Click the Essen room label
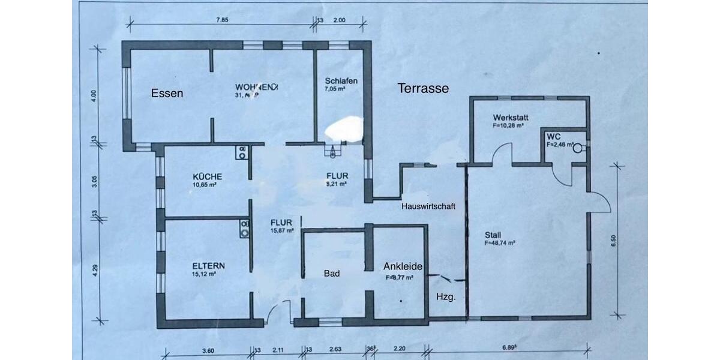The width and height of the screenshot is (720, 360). coord(167,93)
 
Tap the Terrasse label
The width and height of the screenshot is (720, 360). coord(423,88)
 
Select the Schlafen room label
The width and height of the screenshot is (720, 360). coord(341,80)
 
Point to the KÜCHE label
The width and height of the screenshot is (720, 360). coord(208,176)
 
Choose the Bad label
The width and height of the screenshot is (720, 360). coord(332,274)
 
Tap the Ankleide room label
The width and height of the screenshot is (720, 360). coord(403,266)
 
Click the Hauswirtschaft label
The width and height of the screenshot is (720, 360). coord(428,206)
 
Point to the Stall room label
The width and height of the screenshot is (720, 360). coord(493,235)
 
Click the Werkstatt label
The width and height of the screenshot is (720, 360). coord(511,117)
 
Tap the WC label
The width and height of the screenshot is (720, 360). coord(553,136)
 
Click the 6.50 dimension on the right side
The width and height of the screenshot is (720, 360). coord(613,241)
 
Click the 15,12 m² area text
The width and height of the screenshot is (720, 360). coord(205,274)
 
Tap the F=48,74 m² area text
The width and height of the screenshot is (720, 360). coord(501,244)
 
